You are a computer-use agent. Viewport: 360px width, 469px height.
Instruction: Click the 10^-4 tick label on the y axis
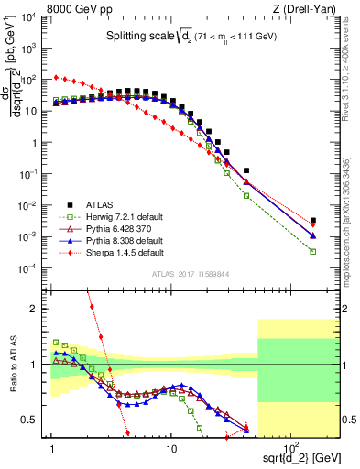pos(31,268)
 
